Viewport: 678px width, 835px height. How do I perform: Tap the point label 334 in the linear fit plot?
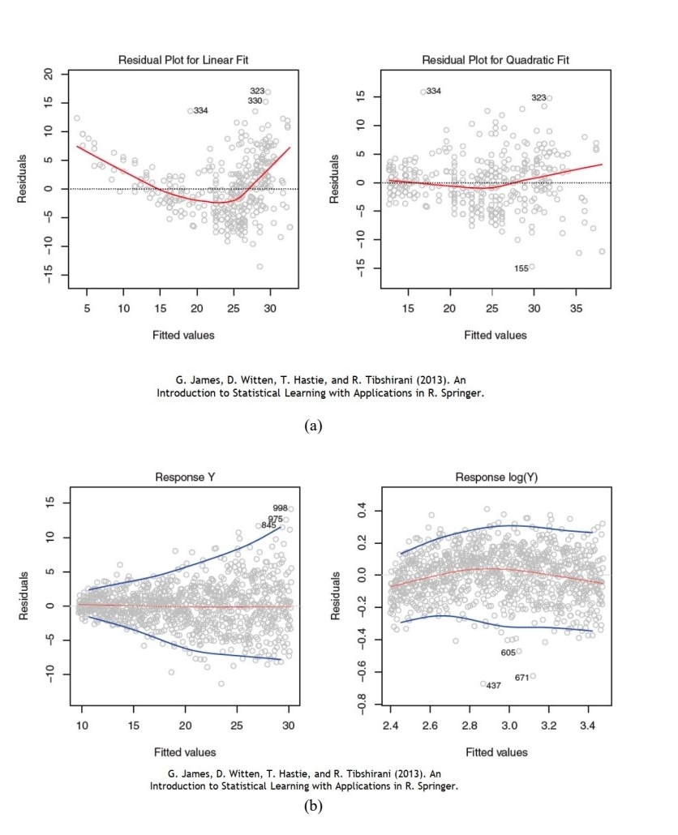pos(200,110)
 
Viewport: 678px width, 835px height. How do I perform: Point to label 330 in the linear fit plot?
pos(255,101)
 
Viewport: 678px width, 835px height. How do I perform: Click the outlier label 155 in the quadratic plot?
pos(521,268)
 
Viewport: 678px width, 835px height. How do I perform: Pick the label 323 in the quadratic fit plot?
pos(539,98)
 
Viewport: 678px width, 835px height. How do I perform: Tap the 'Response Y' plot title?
pos(182,477)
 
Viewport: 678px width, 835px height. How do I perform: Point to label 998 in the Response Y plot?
pos(280,508)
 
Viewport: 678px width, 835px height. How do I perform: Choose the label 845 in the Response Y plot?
pos(268,525)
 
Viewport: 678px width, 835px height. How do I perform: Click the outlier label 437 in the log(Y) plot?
pos(494,686)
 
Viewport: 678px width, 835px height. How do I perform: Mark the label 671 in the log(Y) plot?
pos(521,678)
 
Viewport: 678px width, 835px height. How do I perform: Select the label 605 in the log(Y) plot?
pos(508,653)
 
